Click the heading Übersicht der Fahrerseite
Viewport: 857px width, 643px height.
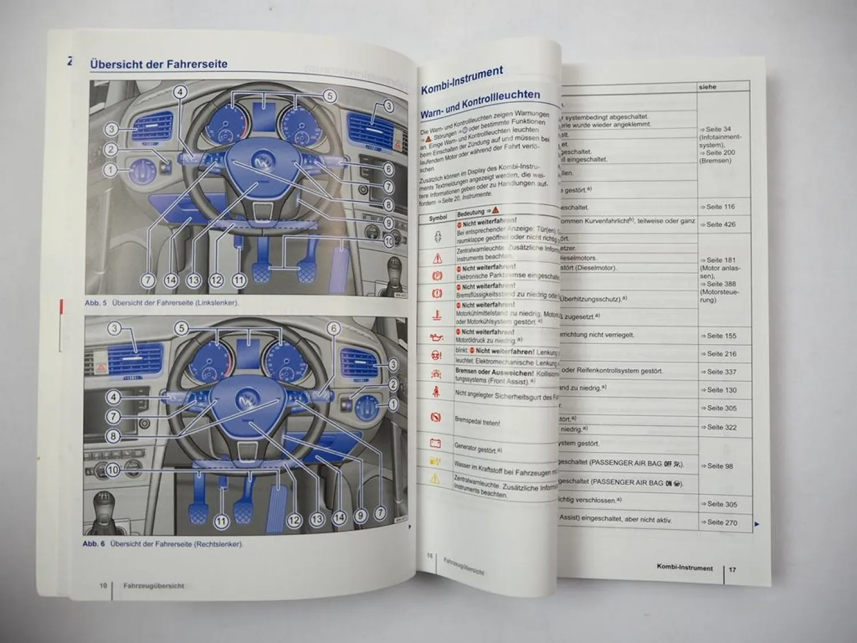tap(158, 64)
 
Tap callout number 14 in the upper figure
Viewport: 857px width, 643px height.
tap(171, 280)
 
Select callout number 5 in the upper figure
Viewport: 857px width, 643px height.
tap(330, 96)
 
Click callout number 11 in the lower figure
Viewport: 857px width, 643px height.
tap(221, 521)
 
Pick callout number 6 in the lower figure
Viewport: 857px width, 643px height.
tap(333, 328)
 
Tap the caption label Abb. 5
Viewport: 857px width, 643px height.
tap(95, 303)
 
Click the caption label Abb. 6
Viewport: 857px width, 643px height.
tap(94, 544)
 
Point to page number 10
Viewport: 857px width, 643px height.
tap(103, 585)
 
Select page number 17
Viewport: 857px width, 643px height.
tap(732, 570)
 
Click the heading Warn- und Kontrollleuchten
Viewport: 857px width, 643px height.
tap(480, 103)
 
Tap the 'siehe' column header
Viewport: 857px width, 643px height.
tap(707, 87)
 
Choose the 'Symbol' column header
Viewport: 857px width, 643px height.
tap(438, 218)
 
